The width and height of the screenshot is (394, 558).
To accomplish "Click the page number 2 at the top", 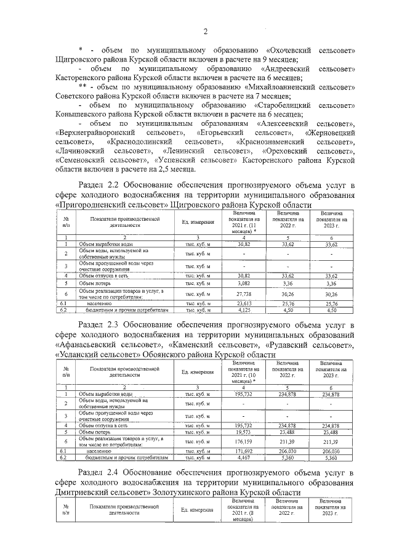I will coord(206,31).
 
